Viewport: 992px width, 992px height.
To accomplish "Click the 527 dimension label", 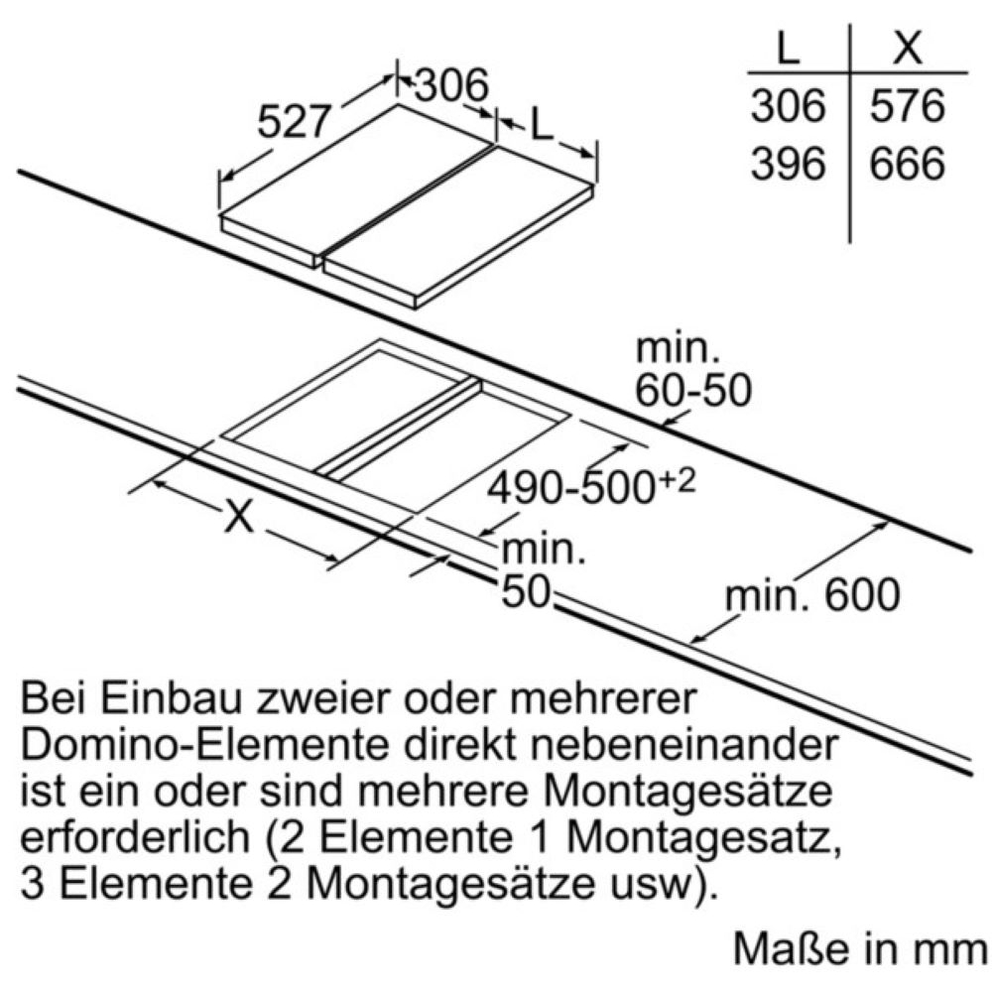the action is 295,121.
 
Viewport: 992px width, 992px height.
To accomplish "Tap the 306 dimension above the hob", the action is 451,84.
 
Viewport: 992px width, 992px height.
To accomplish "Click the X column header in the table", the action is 908,47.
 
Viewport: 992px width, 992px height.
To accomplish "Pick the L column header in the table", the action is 788,47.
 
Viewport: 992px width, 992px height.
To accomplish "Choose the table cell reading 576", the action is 908,106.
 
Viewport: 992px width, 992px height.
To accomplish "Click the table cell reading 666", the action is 908,164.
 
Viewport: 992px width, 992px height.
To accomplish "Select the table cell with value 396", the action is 789,164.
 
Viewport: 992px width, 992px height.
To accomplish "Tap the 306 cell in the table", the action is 789,106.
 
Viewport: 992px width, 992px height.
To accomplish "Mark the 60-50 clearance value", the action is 693,390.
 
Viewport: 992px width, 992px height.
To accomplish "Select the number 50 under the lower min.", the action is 525,593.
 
